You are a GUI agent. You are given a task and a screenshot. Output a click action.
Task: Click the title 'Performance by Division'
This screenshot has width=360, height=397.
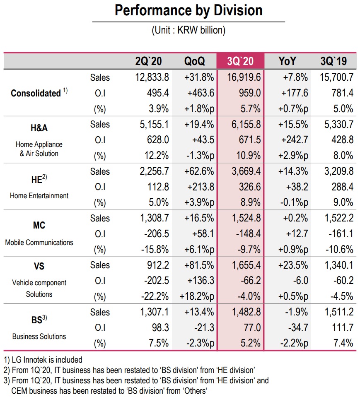[x=188, y=10]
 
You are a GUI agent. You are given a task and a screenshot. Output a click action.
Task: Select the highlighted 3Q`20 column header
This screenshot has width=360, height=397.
[x=240, y=61]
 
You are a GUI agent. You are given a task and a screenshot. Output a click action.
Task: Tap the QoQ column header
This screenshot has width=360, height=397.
[x=194, y=61]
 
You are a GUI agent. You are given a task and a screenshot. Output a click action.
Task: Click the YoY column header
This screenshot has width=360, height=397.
[x=287, y=61]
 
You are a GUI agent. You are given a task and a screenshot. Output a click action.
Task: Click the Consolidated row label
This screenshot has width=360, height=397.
[x=36, y=94]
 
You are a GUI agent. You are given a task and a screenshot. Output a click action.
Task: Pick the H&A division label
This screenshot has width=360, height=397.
[x=39, y=128]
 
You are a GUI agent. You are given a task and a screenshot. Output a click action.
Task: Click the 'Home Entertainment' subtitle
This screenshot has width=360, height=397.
[x=39, y=195]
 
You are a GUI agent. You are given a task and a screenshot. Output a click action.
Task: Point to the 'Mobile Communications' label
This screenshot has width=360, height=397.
[x=39, y=242]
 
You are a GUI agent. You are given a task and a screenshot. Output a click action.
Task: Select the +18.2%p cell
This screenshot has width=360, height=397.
[x=196, y=296]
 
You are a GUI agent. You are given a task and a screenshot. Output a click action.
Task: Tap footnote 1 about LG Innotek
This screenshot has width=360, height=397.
[x=43, y=360]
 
